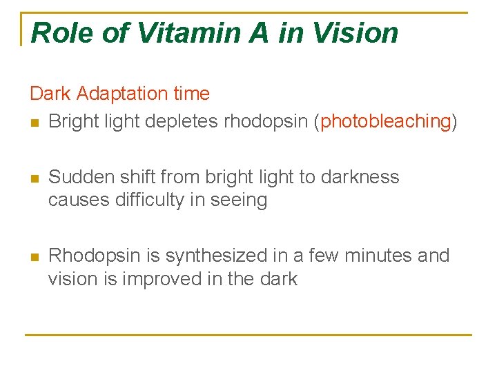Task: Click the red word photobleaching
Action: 386,122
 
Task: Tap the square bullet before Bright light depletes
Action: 35,123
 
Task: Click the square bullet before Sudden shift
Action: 35,178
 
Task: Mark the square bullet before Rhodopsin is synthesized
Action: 35,256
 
